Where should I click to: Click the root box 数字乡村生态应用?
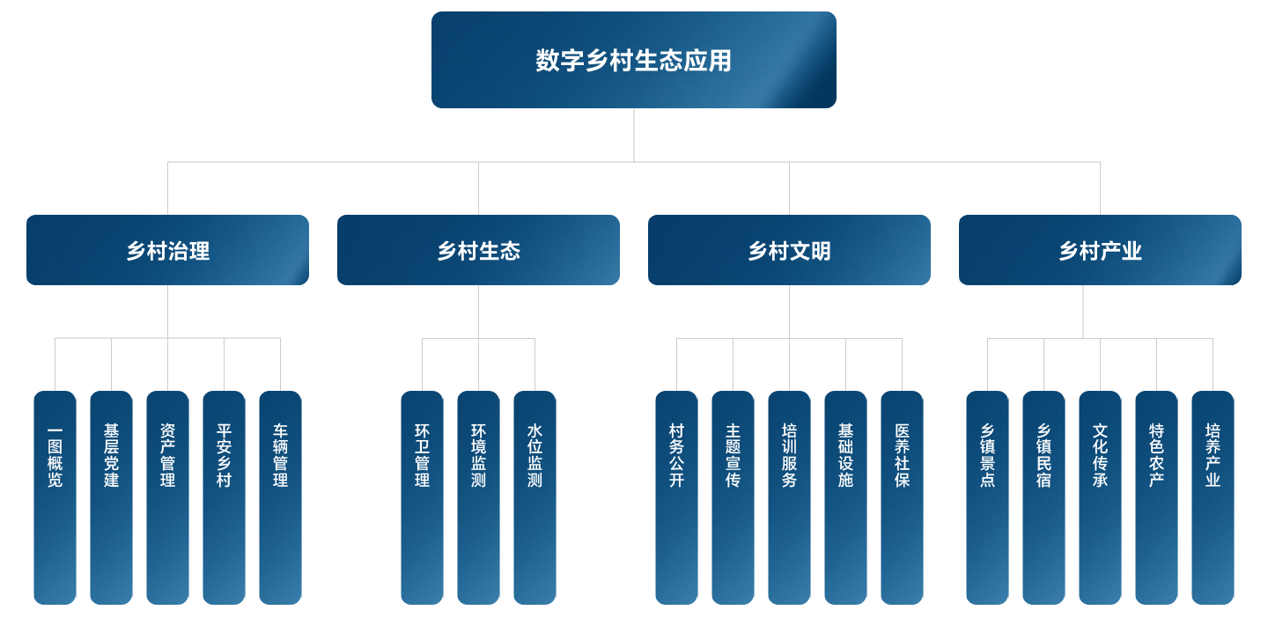pyautogui.click(x=633, y=60)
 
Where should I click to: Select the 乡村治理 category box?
pyautogui.click(x=167, y=250)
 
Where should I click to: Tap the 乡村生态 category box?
pyautogui.click(x=478, y=250)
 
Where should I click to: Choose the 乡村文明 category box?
pyautogui.click(x=789, y=250)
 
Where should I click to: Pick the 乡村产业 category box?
pyautogui.click(x=1100, y=250)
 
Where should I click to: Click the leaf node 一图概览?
pyautogui.click(x=55, y=497)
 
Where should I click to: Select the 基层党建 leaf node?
pyautogui.click(x=111, y=497)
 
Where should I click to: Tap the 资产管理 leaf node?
pyautogui.click(x=167, y=497)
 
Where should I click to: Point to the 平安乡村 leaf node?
pyautogui.click(x=224, y=497)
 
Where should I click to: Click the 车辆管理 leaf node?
pyautogui.click(x=280, y=497)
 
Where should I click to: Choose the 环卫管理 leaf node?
pyautogui.click(x=422, y=497)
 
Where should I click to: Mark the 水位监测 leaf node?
pyautogui.click(x=534, y=497)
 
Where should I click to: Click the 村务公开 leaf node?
pyautogui.click(x=676, y=497)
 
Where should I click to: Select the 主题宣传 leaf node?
pyautogui.click(x=733, y=497)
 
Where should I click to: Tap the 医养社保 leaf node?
pyautogui.click(x=902, y=497)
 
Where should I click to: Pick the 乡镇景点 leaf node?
pyautogui.click(x=987, y=497)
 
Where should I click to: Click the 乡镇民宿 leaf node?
pyautogui.click(x=1043, y=497)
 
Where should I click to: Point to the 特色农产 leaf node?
pyautogui.click(x=1156, y=497)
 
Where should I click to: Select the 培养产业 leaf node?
pyautogui.click(x=1213, y=497)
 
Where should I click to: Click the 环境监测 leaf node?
pyautogui.click(x=478, y=497)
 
